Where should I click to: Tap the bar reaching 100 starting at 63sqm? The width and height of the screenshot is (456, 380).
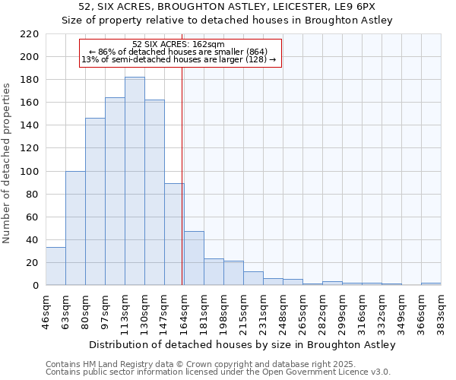tap(75, 228)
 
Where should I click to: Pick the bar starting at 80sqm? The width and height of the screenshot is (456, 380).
tap(95, 201)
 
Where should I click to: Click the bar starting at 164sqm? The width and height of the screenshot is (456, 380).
tap(194, 258)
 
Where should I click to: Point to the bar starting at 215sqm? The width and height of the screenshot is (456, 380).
tap(253, 278)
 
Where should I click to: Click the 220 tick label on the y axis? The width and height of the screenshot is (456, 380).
tap(29, 34)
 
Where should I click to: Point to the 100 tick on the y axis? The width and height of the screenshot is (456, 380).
tap(29, 171)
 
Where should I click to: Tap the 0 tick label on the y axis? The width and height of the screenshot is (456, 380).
tap(35, 286)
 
